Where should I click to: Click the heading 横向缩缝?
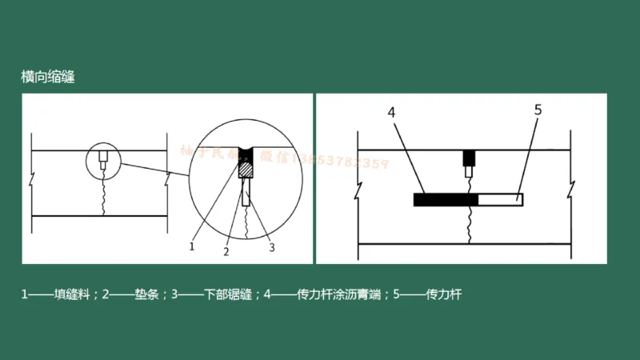click(x=48, y=78)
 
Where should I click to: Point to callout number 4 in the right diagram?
click(x=392, y=112)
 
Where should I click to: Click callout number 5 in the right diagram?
click(x=538, y=110)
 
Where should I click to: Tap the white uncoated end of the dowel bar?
click(x=500, y=199)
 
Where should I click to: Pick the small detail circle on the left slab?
click(x=102, y=160)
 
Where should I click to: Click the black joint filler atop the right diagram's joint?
click(x=470, y=156)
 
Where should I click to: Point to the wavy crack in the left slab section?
click(x=102, y=197)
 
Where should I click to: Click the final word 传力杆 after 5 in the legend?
click(x=445, y=294)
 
